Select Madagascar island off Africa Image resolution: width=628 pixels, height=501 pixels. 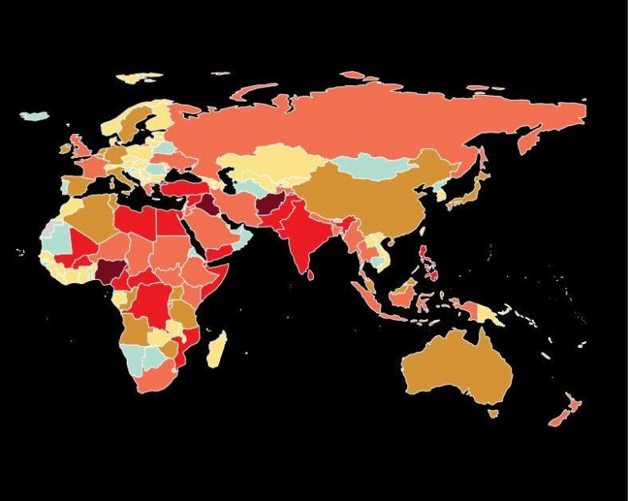pyautogui.click(x=216, y=347)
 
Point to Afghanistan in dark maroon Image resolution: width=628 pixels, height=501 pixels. pyautogui.click(x=269, y=208)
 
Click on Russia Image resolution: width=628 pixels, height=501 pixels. pyautogui.click(x=368, y=123)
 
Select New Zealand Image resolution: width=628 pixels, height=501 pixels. pyautogui.click(x=565, y=409)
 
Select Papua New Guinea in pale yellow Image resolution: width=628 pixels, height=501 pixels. pyautogui.click(x=491, y=311)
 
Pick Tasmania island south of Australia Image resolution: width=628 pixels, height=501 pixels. pyautogui.click(x=491, y=413)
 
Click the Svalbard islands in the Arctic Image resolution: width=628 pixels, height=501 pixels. pyautogui.click(x=139, y=79)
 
